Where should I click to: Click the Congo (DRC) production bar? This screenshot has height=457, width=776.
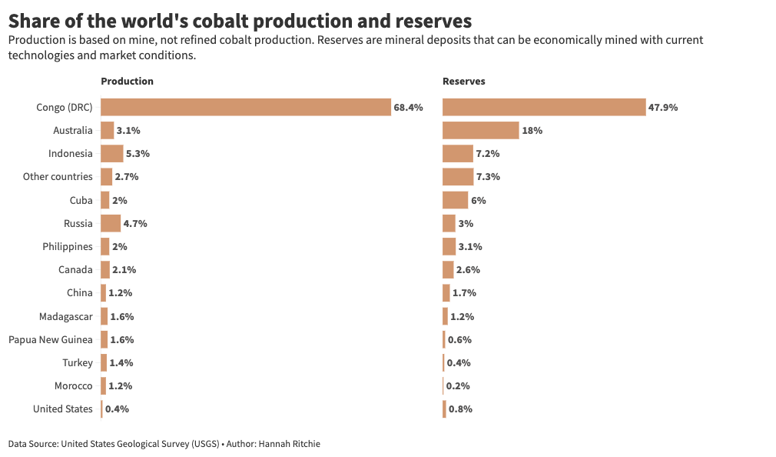tap(246, 107)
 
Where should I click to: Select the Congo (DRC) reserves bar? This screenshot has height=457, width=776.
tap(544, 107)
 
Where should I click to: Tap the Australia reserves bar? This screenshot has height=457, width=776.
tap(480, 130)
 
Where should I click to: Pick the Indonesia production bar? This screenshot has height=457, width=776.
tap(111, 153)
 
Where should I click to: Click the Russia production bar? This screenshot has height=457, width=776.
tap(111, 223)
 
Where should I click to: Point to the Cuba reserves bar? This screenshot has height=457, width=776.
tap(455, 200)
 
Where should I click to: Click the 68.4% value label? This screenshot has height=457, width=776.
tap(408, 108)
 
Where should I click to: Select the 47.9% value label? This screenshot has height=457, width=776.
tap(663, 108)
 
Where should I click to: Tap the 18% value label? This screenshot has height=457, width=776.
tap(532, 131)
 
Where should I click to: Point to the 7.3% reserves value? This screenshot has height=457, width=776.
tap(488, 177)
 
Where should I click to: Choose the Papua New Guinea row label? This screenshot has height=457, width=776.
tap(51, 339)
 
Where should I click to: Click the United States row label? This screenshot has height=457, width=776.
tap(62, 409)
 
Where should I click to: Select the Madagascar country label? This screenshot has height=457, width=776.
tap(66, 316)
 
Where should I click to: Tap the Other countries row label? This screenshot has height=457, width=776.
tap(58, 177)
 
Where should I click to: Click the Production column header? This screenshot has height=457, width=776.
tap(127, 81)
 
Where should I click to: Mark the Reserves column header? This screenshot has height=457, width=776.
tap(463, 81)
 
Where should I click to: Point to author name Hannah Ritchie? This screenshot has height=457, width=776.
tap(289, 444)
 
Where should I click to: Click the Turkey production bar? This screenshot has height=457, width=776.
tap(104, 362)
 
